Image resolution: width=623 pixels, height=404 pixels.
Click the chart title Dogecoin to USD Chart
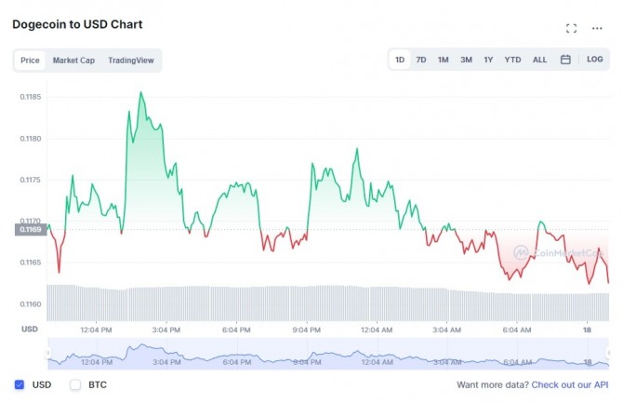(x=77, y=24)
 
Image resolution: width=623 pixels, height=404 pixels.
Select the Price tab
(x=30, y=61)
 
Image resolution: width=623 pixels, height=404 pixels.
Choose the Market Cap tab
(x=73, y=61)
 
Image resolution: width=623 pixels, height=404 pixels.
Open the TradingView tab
(x=131, y=61)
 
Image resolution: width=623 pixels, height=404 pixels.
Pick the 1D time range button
(x=400, y=60)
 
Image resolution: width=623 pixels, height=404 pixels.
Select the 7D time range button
(x=421, y=60)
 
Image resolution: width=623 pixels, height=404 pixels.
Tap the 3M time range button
(x=466, y=60)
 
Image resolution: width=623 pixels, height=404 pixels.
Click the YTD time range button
(x=512, y=60)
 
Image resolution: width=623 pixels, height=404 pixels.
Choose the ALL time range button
(x=539, y=60)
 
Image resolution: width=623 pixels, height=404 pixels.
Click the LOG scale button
(x=595, y=60)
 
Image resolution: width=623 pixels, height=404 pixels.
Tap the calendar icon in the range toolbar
(x=565, y=60)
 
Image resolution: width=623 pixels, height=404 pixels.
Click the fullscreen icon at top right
(x=572, y=28)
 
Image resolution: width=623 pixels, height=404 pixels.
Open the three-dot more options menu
(x=597, y=28)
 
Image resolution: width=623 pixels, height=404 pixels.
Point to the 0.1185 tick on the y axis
(x=32, y=97)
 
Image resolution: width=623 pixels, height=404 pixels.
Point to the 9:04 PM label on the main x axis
(x=306, y=330)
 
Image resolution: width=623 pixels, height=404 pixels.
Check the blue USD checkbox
(x=20, y=384)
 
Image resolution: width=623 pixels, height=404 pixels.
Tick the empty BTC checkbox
(x=75, y=384)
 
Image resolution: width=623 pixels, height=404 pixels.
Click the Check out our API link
(x=570, y=384)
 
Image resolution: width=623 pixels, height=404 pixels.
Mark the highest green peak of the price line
(x=140, y=92)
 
